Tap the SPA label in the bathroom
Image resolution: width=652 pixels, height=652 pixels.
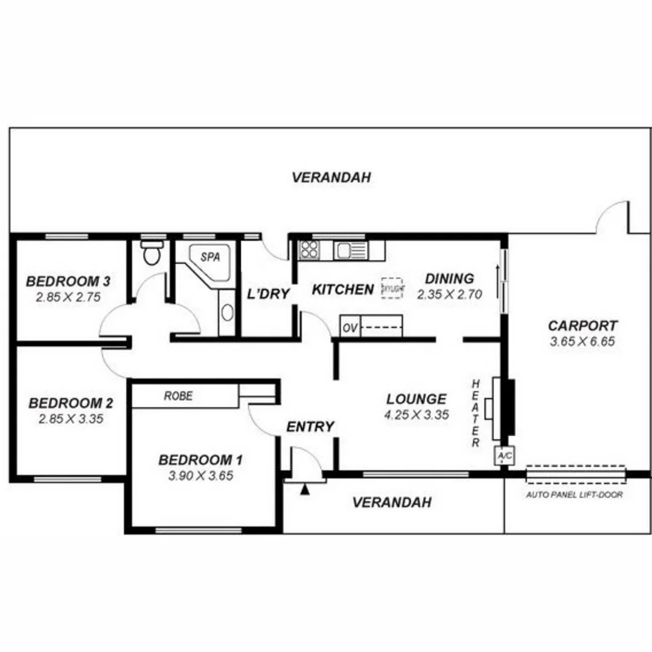pyautogui.click(x=209, y=257)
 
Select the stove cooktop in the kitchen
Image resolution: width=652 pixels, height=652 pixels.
pyautogui.click(x=309, y=249)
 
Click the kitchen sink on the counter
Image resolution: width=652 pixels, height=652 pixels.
pyautogui.click(x=350, y=249)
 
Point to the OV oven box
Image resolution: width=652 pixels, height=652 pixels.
pyautogui.click(x=350, y=328)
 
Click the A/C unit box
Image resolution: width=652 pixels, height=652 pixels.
pyautogui.click(x=503, y=456)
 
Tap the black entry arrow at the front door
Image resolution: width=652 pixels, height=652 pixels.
pyautogui.click(x=305, y=489)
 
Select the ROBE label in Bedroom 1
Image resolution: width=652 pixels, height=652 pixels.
pyautogui.click(x=178, y=396)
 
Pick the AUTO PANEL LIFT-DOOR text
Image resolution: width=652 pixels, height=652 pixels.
pyautogui.click(x=574, y=494)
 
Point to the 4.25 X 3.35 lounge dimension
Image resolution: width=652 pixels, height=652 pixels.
pyautogui.click(x=416, y=415)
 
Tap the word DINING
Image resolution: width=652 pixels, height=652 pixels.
pyautogui.click(x=449, y=278)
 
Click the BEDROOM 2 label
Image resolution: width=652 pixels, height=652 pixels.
pyautogui.click(x=71, y=403)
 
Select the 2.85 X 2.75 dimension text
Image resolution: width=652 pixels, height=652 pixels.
pyautogui.click(x=68, y=297)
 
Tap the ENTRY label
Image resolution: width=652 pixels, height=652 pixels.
pyautogui.click(x=310, y=427)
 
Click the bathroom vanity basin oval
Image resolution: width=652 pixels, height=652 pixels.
pyautogui.click(x=226, y=312)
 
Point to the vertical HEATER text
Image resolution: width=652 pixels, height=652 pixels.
pyautogui.click(x=476, y=414)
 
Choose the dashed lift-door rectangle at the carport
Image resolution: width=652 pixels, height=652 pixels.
pyautogui.click(x=575, y=475)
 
